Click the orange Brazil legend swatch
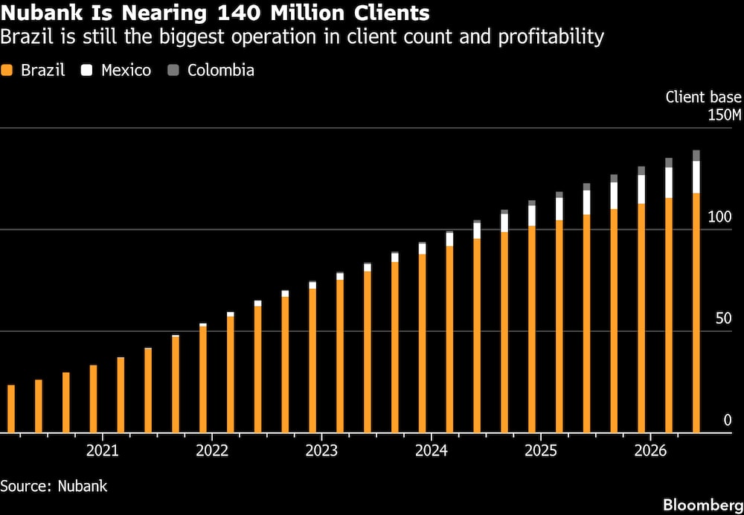(x=7, y=71)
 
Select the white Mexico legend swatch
(x=87, y=71)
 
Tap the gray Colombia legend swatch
(x=173, y=71)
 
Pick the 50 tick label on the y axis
(x=724, y=319)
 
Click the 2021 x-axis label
(x=103, y=450)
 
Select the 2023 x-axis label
(x=321, y=450)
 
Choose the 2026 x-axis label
(x=650, y=450)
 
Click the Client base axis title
(x=703, y=97)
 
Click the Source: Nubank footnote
(x=54, y=486)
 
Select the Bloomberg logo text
(x=703, y=505)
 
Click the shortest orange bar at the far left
(x=11, y=409)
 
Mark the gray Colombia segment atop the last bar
(x=696, y=156)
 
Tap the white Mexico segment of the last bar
(x=696, y=177)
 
